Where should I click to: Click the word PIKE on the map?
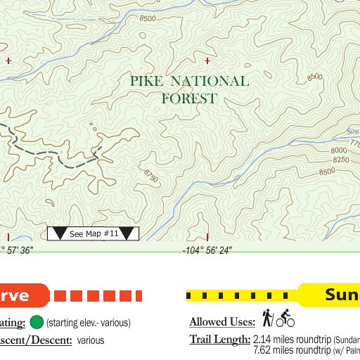(146, 82)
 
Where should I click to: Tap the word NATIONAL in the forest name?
(210, 82)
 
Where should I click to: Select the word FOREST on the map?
(189, 99)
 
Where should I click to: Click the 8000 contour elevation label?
(339, 150)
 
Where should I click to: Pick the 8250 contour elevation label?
(340, 160)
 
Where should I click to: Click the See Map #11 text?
(94, 233)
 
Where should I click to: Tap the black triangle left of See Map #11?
(60, 233)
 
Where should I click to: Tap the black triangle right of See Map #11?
(127, 233)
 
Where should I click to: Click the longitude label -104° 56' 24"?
(207, 250)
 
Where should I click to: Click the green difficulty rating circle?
(37, 323)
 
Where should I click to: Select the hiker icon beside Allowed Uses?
(267, 319)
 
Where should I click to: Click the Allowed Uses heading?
(221, 322)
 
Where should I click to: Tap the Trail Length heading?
(219, 340)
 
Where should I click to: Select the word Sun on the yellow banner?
(342, 295)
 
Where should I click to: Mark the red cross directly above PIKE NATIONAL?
(207, 61)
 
